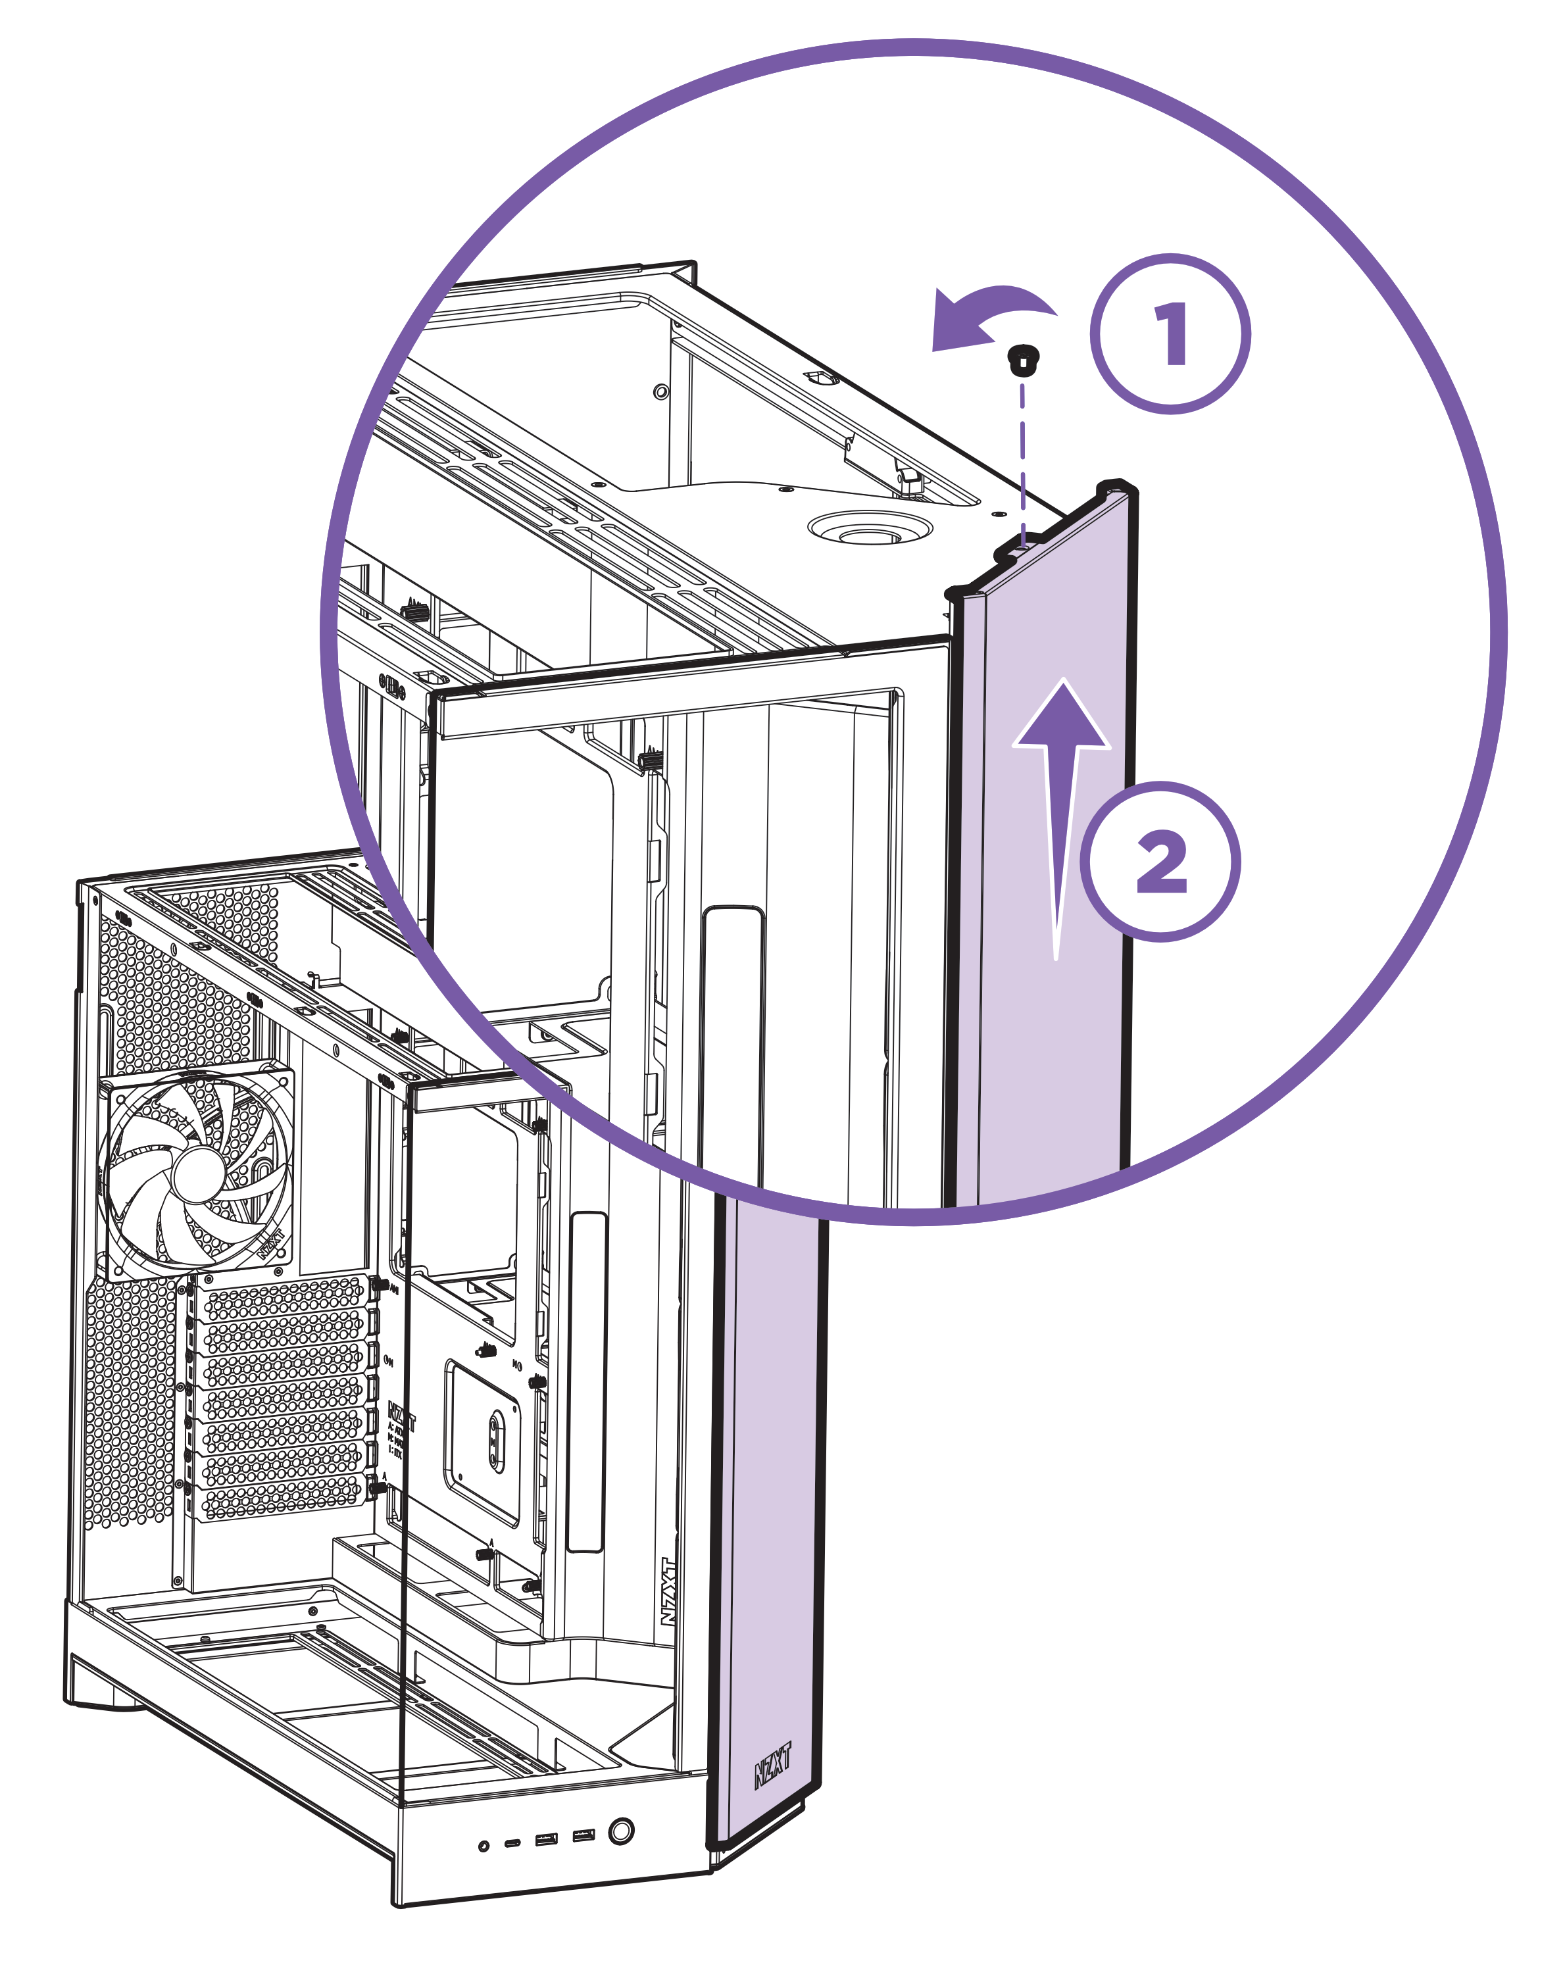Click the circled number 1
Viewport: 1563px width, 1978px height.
1170,334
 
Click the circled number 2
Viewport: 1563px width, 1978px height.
1160,861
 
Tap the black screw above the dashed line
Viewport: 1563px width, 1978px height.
1020,359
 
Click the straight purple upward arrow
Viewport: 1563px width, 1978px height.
1060,805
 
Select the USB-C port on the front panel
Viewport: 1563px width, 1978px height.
512,1842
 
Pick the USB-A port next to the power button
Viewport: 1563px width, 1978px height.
583,1835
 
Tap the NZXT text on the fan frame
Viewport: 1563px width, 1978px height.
270,1246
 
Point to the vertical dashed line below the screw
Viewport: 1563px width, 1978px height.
1022,457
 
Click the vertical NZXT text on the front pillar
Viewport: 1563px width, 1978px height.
669,1591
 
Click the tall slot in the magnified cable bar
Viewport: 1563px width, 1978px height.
732,1043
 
